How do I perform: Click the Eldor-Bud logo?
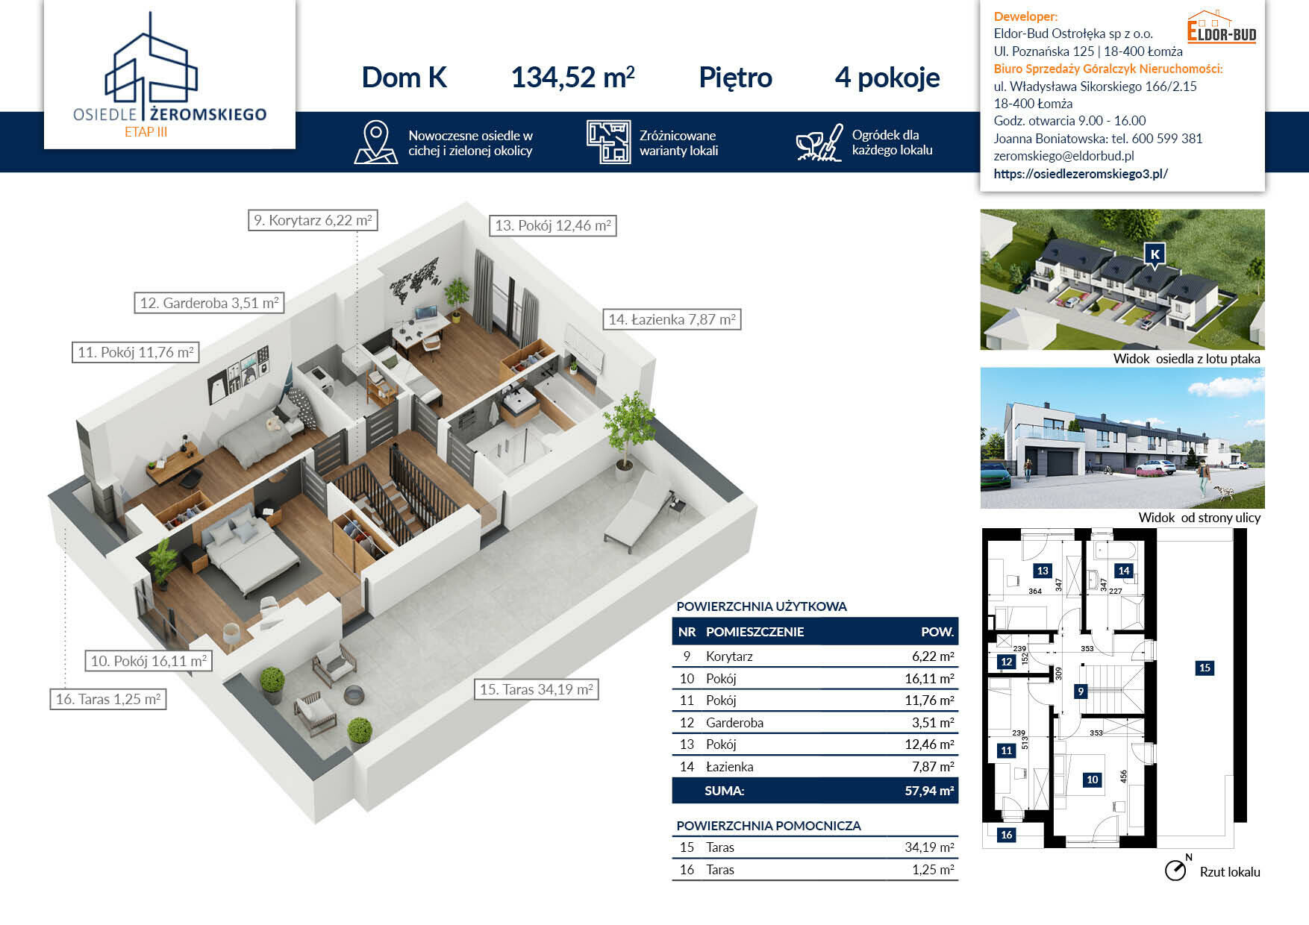click(x=1222, y=27)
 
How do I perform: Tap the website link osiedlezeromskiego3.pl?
click(x=1081, y=174)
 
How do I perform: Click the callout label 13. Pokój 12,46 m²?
click(x=553, y=225)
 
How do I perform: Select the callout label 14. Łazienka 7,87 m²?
click(x=672, y=319)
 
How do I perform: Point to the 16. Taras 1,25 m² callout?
click(x=108, y=699)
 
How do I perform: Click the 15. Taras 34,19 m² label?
click(x=537, y=689)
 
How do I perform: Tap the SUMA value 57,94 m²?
click(x=929, y=791)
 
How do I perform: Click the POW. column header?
click(x=937, y=632)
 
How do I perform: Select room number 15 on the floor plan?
click(x=1205, y=668)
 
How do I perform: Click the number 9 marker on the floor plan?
click(x=1080, y=692)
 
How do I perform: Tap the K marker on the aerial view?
click(x=1155, y=256)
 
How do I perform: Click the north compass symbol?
click(x=1176, y=869)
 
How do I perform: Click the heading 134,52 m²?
click(x=572, y=78)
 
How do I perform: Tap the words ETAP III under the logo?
click(x=146, y=132)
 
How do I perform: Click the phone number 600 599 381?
click(x=1166, y=139)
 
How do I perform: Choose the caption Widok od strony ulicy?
click(x=1199, y=518)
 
